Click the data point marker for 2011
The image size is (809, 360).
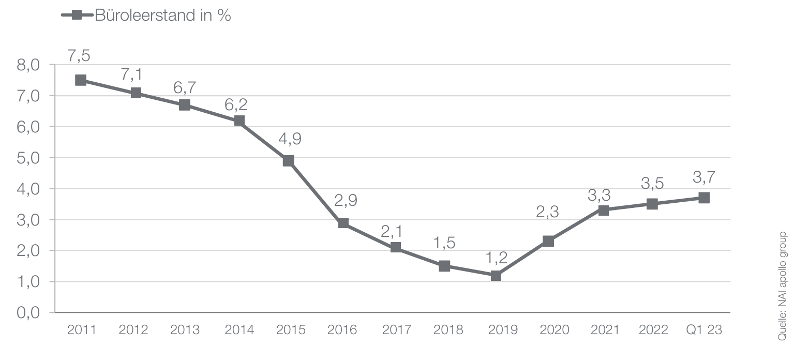click(81, 80)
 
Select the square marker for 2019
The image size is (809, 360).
click(496, 276)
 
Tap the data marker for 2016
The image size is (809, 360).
click(343, 223)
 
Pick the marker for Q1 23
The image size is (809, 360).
click(703, 198)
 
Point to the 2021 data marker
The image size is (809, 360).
click(603, 210)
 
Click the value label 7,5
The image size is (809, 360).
click(79, 56)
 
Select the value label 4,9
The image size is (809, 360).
click(289, 139)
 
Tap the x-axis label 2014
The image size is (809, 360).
click(239, 330)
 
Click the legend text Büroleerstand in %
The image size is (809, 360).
click(163, 16)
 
